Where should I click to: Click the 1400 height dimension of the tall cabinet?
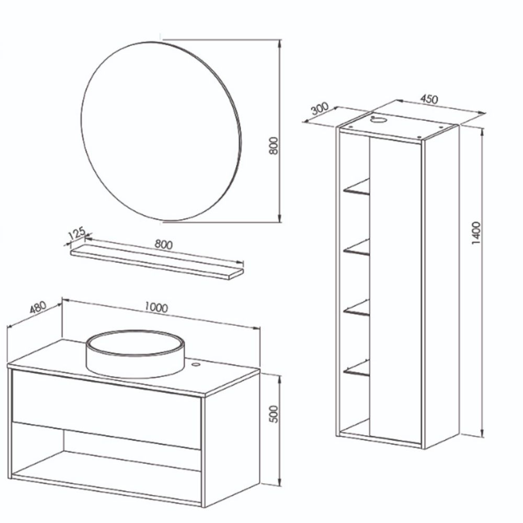coord(476,233)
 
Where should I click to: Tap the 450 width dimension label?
coord(429,99)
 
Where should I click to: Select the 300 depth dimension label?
coord(320,109)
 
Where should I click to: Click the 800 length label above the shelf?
coord(163,244)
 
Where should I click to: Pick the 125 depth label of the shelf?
coord(77,233)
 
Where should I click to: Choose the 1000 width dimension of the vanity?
coord(156,307)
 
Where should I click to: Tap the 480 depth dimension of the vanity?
coord(38,308)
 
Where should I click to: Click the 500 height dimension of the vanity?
coord(273,414)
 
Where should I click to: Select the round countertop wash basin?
coord(134,354)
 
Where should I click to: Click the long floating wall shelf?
coord(157,263)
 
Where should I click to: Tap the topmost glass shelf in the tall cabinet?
coord(357,187)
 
